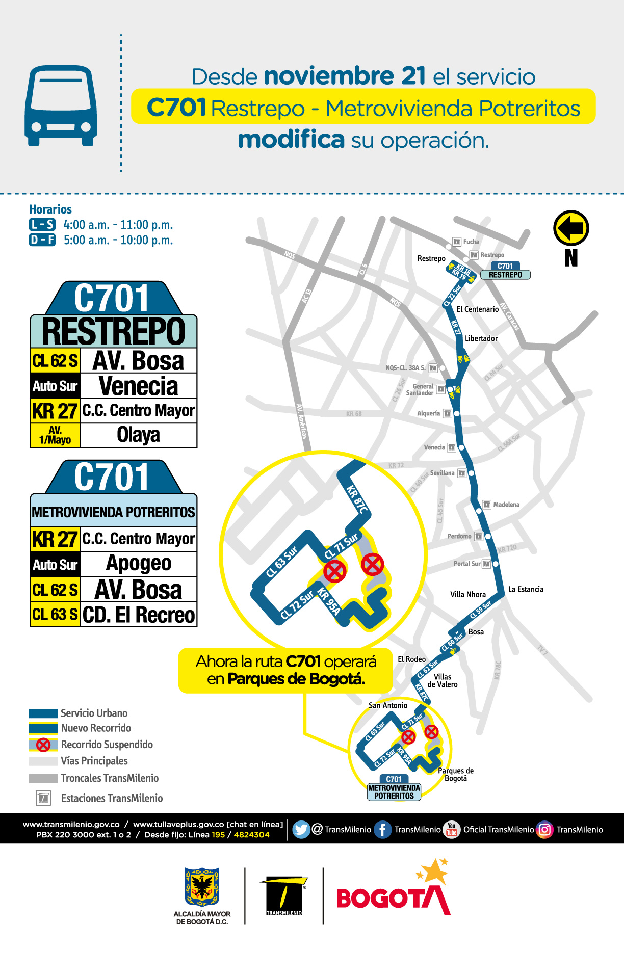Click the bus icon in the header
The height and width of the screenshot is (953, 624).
tap(61, 105)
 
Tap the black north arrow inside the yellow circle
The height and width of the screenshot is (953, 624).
tap(571, 228)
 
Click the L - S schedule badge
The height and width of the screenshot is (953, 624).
tap(42, 225)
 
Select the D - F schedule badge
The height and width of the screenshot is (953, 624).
tap(42, 240)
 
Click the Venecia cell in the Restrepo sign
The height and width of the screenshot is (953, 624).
tap(138, 386)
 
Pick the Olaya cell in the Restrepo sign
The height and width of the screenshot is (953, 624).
tap(138, 435)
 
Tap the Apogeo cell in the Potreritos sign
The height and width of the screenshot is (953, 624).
tap(138, 564)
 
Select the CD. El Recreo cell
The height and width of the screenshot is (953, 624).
tap(138, 615)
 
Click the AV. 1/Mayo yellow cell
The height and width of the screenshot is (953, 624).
tap(55, 435)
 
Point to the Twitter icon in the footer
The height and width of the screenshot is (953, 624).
tap(301, 830)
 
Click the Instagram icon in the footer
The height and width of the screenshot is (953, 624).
tap(544, 830)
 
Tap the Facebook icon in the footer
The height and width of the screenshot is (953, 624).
tap(382, 830)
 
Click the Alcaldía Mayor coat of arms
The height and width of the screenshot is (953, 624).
tap(202, 887)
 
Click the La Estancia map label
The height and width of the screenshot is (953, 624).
tap(526, 590)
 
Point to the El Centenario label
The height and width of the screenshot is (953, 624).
tap(477, 309)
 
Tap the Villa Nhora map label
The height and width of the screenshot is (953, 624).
tap(467, 595)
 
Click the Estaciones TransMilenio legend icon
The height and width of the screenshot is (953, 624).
tap(43, 798)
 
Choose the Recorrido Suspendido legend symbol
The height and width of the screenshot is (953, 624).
tap(43, 745)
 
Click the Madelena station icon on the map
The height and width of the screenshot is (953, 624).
tap(487, 505)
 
